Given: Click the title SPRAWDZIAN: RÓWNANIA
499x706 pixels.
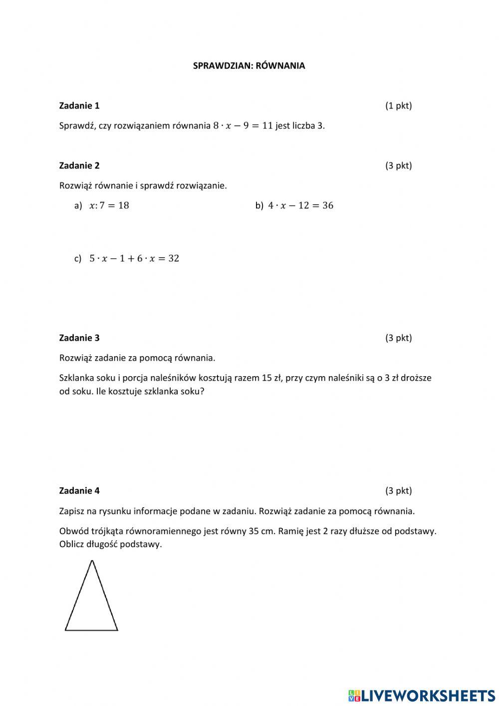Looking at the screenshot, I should pos(249,65).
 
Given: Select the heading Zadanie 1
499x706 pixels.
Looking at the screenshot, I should pos(79,105).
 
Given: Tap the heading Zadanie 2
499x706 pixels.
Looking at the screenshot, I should pos(79,165).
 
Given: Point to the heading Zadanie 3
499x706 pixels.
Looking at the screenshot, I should pos(79,338).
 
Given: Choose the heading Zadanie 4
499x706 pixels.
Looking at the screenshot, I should pos(79,491).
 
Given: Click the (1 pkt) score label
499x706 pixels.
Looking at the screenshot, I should pos(398,105).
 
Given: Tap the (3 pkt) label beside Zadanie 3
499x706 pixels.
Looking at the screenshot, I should pos(398,338).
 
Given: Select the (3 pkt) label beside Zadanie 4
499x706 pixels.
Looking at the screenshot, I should pos(398,491).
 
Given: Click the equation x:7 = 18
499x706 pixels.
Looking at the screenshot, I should pos(109,205).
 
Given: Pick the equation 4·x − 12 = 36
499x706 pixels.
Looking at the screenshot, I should pos(300,205).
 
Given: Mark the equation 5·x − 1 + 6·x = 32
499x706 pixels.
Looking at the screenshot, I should pos(134,258).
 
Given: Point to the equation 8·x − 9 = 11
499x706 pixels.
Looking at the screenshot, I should pos(243,125).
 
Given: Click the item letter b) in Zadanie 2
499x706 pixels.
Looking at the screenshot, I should pos(259,205).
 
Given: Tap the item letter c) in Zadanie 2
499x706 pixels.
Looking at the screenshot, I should pos(78,258).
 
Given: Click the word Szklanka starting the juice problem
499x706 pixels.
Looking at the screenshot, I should pos(76,378).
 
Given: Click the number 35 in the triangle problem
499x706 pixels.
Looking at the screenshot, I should pos(253,531).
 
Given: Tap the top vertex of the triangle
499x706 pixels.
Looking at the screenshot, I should pos(92,561).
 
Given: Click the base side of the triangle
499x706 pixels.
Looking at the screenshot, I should pos(91,630).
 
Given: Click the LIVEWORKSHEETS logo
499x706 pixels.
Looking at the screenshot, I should pos(422,695).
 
